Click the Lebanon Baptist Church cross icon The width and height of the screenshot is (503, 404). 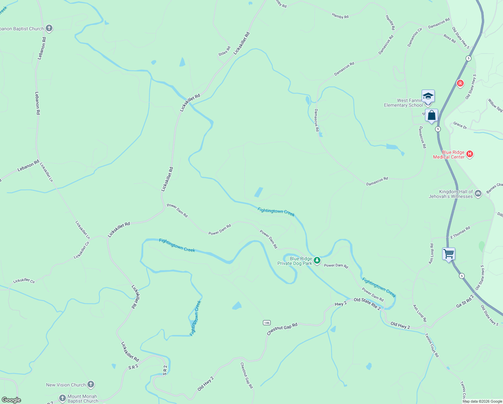point(49,28)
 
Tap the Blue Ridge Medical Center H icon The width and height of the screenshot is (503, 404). point(470,154)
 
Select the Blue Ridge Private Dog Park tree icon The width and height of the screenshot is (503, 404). point(317,260)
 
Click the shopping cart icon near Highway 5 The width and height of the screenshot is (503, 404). point(449,254)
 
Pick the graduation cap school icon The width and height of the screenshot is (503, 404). point(428,96)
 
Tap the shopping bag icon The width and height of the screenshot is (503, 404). point(431,115)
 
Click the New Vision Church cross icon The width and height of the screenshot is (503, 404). point(90,384)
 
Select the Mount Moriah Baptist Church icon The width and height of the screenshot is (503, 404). point(62,398)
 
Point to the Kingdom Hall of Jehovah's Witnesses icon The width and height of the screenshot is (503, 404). point(478,193)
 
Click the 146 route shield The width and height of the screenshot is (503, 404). point(267,323)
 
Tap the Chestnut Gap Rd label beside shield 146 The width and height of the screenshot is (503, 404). point(282,329)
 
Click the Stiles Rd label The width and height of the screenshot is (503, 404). point(224,51)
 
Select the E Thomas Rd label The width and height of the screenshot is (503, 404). point(460,233)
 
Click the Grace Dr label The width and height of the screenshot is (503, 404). point(460,125)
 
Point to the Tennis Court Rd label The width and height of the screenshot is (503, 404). point(432,345)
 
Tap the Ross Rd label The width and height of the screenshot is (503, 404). point(450,38)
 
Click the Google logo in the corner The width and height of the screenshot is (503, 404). point(11,400)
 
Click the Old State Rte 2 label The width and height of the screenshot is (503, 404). point(367,303)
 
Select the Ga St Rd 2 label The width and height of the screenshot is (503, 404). point(465,301)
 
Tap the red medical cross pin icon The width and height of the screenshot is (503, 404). point(460,83)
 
